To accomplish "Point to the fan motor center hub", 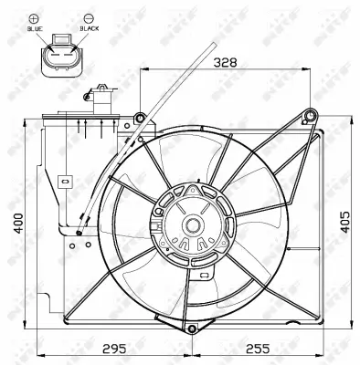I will point(195,225).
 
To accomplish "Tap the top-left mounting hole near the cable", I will point(139,117).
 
